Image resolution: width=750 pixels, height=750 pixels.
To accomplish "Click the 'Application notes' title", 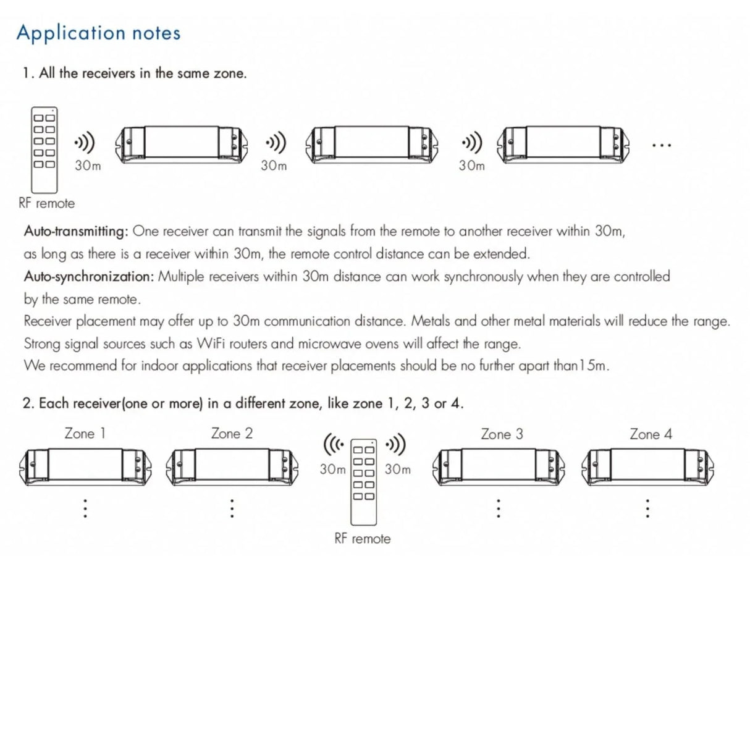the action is tap(98, 33).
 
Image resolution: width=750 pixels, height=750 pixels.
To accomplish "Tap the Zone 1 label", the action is tap(85, 433).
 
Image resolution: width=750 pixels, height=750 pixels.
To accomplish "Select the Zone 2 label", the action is tap(232, 433).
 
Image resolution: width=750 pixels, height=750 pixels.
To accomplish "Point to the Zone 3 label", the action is tap(502, 434).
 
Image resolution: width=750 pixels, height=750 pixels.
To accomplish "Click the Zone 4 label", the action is tap(651, 434).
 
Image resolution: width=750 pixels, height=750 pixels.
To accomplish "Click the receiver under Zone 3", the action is tap(499, 466).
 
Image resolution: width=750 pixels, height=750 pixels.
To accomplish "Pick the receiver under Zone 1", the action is tap(85, 466).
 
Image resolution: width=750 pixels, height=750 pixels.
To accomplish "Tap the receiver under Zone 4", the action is tap(647, 466).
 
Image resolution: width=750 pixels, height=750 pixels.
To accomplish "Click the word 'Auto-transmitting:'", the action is tap(76, 231).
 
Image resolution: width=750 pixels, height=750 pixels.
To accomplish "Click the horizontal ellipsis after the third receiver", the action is tap(662, 146).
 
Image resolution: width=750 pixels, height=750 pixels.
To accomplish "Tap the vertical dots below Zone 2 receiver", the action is tap(232, 508).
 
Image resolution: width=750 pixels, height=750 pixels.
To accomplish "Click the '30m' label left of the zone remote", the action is tap(333, 470).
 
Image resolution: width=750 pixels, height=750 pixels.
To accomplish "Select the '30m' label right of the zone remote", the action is tap(397, 470).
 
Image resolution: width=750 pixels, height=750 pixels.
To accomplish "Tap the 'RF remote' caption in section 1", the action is tap(47, 203).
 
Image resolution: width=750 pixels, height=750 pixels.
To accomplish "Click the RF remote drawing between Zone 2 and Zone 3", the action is tap(363, 482).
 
